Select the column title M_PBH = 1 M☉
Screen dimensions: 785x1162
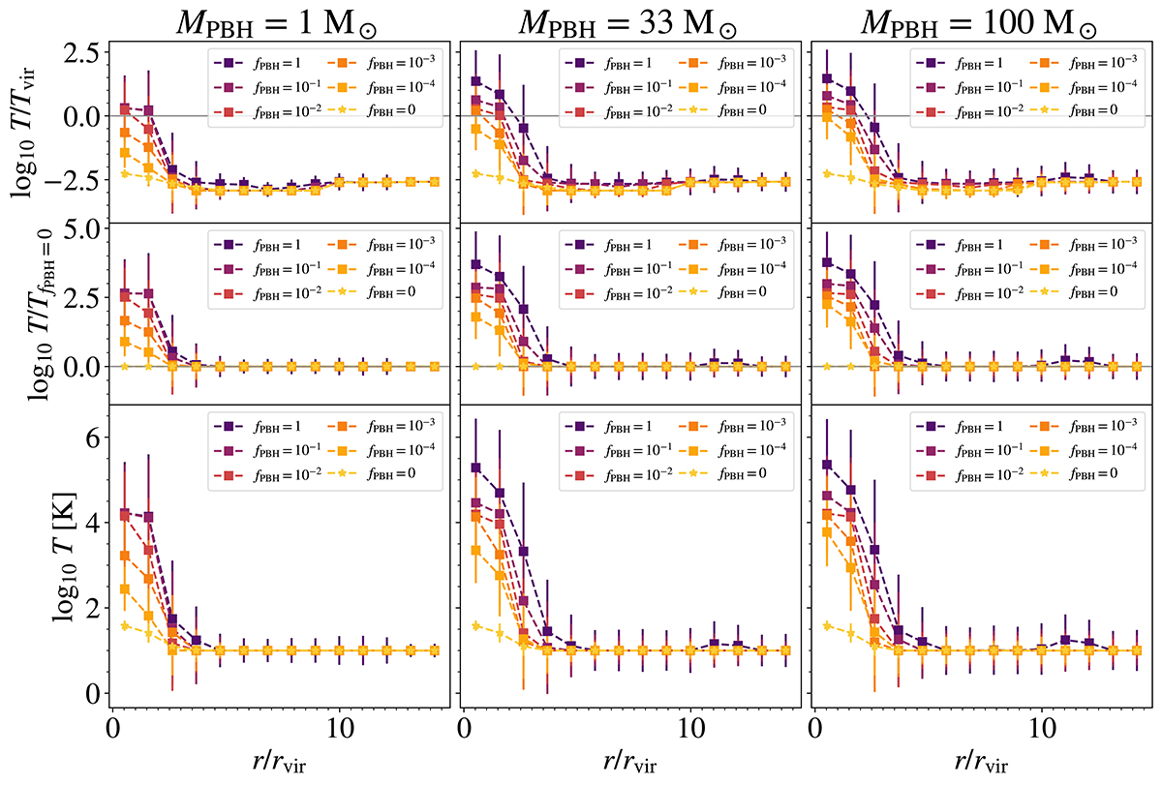278,20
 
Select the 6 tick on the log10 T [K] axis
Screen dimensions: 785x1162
88,438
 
